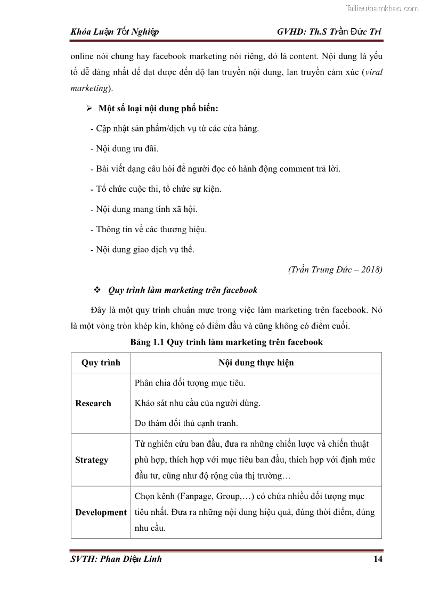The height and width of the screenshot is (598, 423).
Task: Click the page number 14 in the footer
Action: [x=378, y=559]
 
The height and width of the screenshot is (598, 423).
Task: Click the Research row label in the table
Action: [x=93, y=403]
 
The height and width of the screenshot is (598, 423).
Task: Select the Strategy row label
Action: [x=92, y=460]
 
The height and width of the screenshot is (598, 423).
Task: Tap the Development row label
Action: [x=101, y=512]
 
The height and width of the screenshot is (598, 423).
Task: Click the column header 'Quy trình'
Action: [x=101, y=363]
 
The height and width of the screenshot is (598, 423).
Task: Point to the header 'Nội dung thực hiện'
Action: [x=256, y=363]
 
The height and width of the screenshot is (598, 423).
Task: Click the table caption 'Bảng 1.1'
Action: [x=148, y=342]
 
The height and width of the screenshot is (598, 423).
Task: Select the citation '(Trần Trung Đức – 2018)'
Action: [x=335, y=269]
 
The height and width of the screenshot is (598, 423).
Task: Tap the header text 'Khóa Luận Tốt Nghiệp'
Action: [x=115, y=32]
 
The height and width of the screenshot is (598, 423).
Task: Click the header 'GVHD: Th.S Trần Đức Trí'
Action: [x=329, y=32]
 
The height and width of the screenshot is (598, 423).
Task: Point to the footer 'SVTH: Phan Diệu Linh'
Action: [x=116, y=559]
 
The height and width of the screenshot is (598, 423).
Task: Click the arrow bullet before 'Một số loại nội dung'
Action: [x=90, y=109]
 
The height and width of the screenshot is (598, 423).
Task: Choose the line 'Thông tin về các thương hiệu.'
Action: [x=151, y=230]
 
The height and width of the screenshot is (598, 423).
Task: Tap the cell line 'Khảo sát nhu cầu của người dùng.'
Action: [x=198, y=403]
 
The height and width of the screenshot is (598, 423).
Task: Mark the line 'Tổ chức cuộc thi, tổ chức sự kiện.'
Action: [x=159, y=189]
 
